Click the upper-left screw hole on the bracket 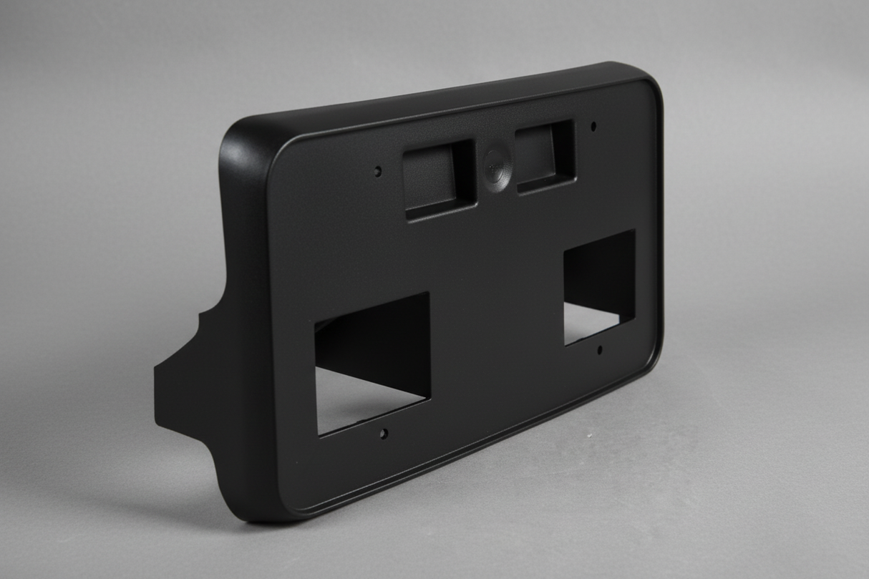click(378, 171)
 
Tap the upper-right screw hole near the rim click(593, 127)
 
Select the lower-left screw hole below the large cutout click(384, 434)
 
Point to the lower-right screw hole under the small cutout click(600, 350)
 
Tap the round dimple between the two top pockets click(495, 167)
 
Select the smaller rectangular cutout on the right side click(599, 286)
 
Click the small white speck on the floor click(588, 434)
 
